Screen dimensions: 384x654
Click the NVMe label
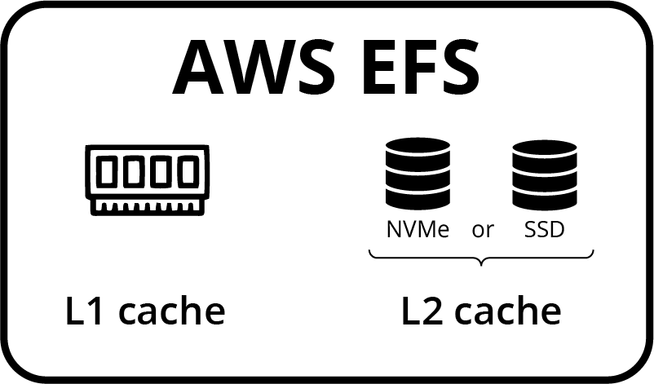point(418,230)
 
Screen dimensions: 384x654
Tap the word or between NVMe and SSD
point(483,231)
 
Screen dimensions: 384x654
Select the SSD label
point(544,230)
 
